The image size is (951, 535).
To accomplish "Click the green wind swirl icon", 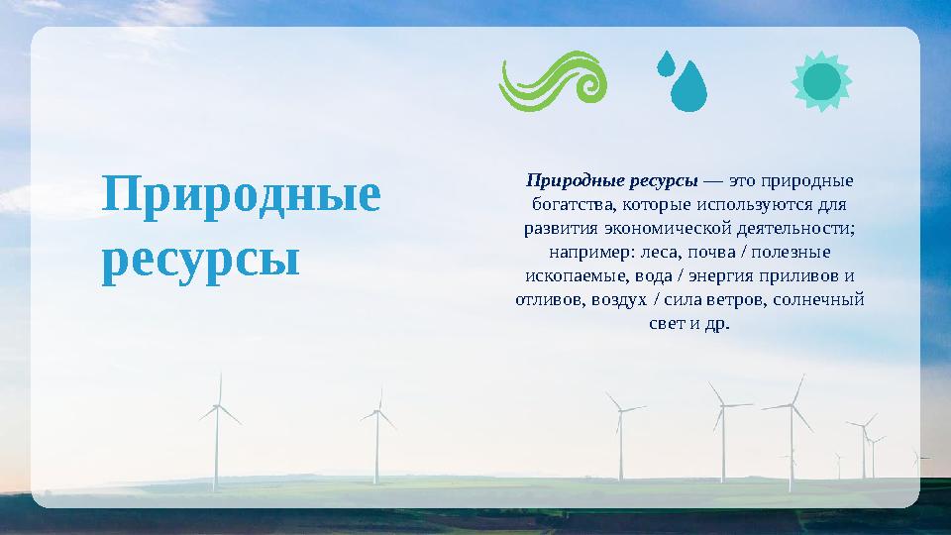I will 551,81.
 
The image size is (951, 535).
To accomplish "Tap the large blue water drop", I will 689,87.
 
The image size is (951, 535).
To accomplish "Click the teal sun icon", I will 821,81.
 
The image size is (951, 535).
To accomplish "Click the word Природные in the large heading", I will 241,196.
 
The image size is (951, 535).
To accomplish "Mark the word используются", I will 754,205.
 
